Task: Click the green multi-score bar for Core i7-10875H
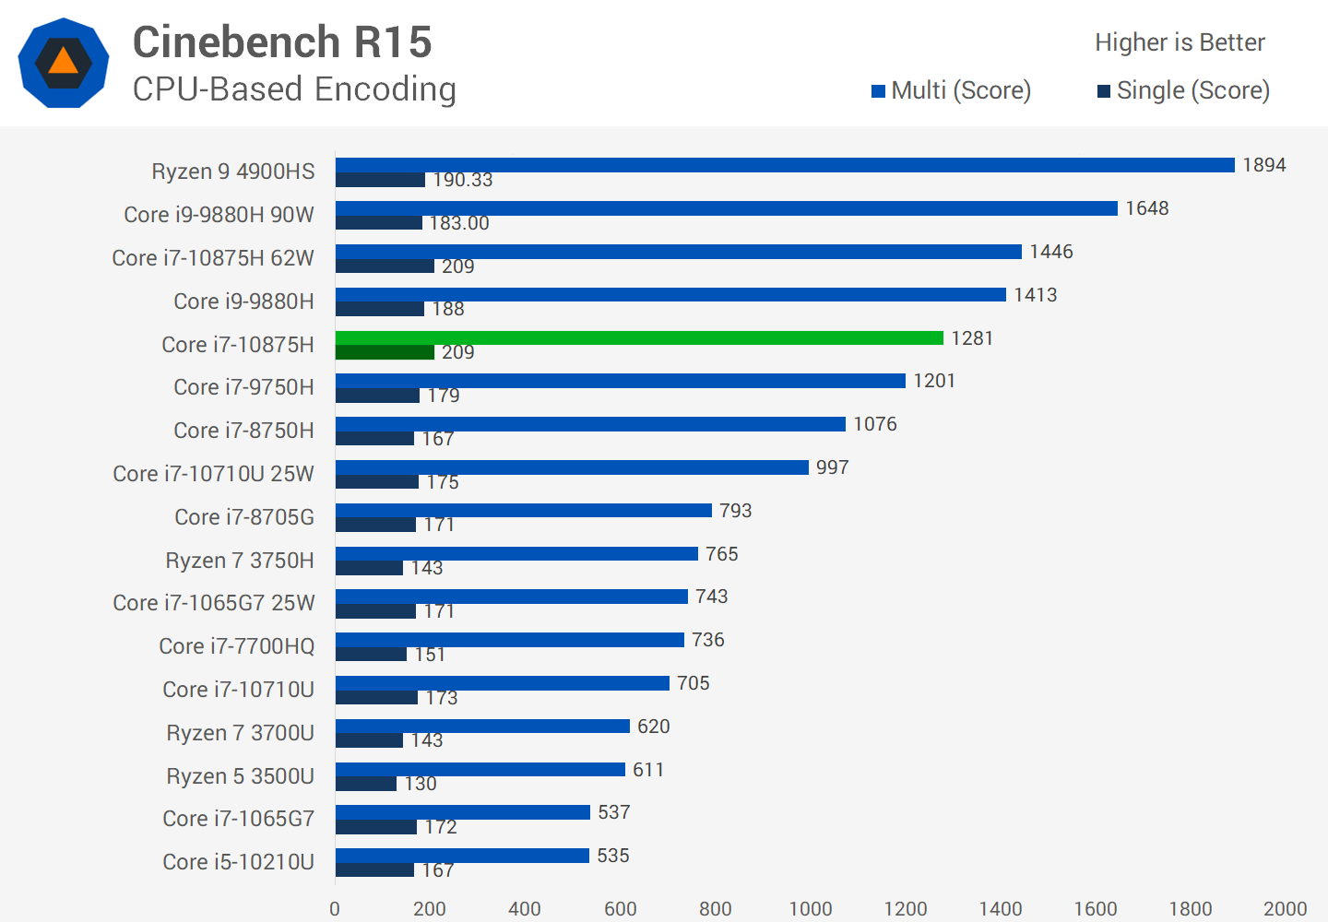(639, 337)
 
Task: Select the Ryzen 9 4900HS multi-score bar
(785, 165)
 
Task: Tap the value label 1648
(1146, 208)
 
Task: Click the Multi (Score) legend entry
(952, 90)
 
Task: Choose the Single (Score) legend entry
(1183, 90)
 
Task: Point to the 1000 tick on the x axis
(811, 908)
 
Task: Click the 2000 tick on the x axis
(1285, 908)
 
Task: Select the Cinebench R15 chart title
(282, 42)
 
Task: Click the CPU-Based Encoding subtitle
(294, 89)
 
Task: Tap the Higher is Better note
(1180, 42)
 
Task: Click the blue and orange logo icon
(64, 63)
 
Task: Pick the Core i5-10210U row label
(238, 862)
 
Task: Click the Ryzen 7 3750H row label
(240, 561)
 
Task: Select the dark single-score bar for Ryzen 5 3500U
(366, 784)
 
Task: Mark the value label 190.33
(462, 180)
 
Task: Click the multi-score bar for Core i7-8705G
(523, 510)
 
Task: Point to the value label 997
(832, 467)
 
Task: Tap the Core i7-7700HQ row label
(237, 646)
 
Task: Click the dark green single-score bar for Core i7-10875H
(385, 352)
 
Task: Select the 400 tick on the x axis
(525, 908)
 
